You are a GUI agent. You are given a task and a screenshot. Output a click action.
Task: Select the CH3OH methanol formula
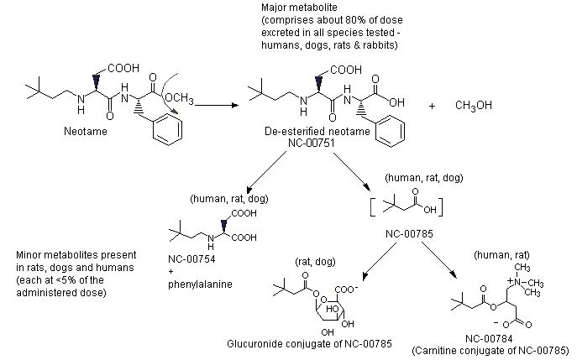click(473, 107)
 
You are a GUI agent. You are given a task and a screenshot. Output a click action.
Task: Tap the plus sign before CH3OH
click(433, 107)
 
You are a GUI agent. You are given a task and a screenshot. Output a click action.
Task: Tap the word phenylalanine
click(199, 284)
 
